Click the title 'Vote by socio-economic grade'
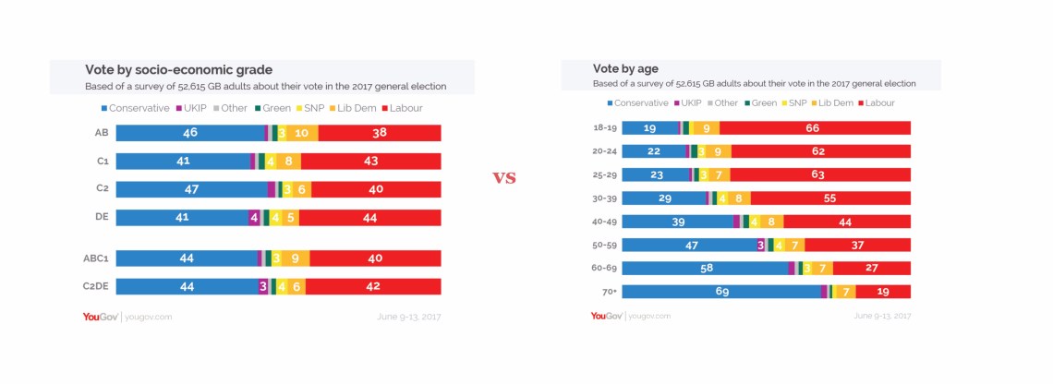pyautogui.click(x=178, y=69)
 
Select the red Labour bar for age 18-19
pyautogui.click(x=815, y=128)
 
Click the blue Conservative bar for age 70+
pyautogui.click(x=720, y=292)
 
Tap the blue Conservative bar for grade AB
pyautogui.click(x=190, y=133)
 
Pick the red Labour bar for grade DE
pyautogui.click(x=369, y=218)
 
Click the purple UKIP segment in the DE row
pyautogui.click(x=254, y=218)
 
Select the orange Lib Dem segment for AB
pyautogui.click(x=302, y=133)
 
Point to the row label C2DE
pyautogui.click(x=96, y=286)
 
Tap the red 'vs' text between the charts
pyautogui.click(x=503, y=177)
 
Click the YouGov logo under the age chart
pyautogui.click(x=606, y=316)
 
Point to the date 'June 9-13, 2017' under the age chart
pyautogui.click(x=882, y=316)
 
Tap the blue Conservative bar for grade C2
pyautogui.click(x=191, y=189)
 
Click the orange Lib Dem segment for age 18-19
pyautogui.click(x=706, y=128)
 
